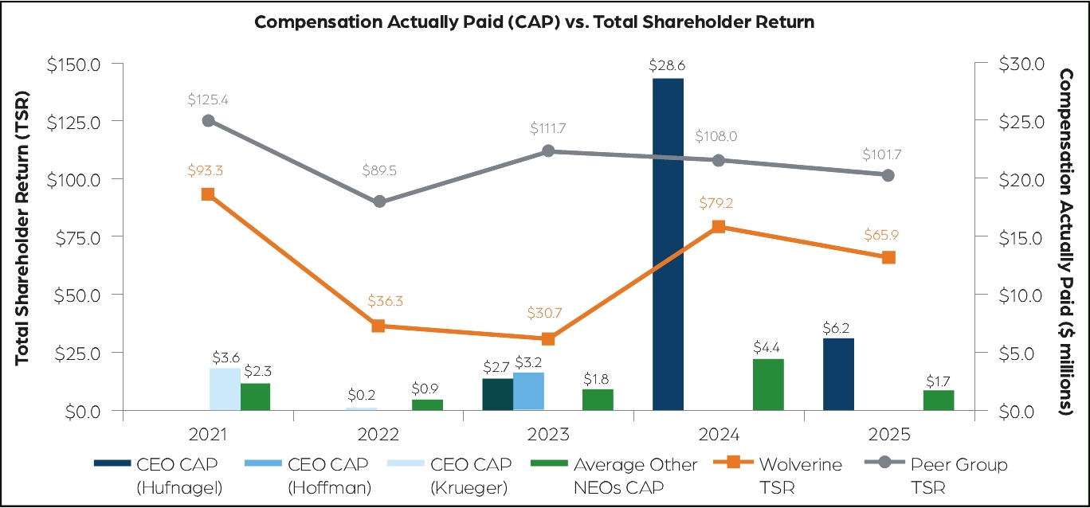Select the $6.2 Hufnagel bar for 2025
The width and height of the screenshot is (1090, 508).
click(838, 374)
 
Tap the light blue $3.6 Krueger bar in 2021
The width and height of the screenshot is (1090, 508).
click(225, 389)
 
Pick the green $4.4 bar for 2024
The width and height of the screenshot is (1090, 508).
click(768, 385)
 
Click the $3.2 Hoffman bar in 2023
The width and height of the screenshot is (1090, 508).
click(528, 391)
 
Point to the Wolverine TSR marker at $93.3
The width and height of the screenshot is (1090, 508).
click(208, 194)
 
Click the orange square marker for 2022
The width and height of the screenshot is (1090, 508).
click(378, 326)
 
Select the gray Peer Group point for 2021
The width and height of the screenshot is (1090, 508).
click(208, 120)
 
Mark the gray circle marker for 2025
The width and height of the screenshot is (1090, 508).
click(888, 175)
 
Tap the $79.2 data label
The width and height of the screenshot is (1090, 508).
click(717, 204)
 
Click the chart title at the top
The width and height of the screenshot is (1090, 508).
click(534, 21)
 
